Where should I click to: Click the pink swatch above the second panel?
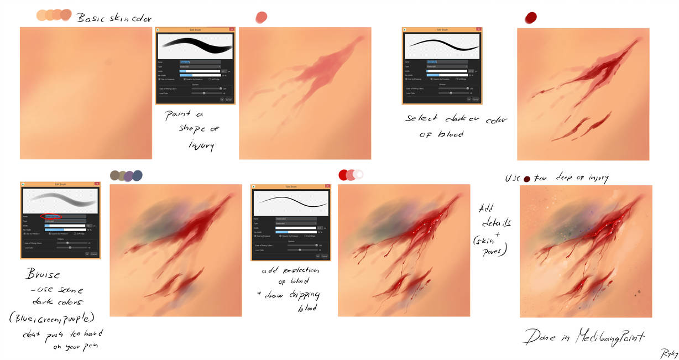tap(262, 17)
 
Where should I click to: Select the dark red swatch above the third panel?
tap(531, 18)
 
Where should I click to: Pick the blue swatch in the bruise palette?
tap(137, 175)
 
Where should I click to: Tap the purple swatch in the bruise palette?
tap(129, 176)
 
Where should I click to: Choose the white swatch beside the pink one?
tap(359, 174)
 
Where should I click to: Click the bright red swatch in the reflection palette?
tap(344, 175)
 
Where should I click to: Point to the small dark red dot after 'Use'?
tap(527, 179)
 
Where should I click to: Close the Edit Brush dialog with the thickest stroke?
tap(232, 29)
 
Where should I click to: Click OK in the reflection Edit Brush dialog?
tap(317, 256)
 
